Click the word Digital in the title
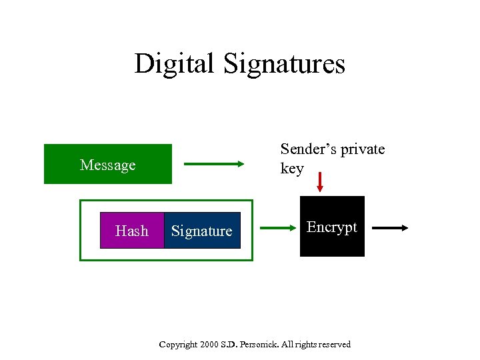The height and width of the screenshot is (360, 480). pyautogui.click(x=175, y=64)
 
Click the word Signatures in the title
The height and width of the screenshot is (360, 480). pyautogui.click(x=285, y=64)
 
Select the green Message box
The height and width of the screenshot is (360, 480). pyautogui.click(x=107, y=164)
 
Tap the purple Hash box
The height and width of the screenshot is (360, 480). pyautogui.click(x=132, y=231)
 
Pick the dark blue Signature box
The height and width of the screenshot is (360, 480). pyautogui.click(x=202, y=231)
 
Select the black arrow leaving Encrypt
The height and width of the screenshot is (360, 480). pyautogui.click(x=390, y=228)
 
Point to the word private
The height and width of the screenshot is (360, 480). pyautogui.click(x=363, y=149)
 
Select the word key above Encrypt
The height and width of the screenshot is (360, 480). pyautogui.click(x=292, y=168)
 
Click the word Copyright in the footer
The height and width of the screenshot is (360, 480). pyautogui.click(x=179, y=345)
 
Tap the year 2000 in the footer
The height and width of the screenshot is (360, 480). pyautogui.click(x=213, y=345)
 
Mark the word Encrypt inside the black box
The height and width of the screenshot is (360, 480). pyautogui.click(x=332, y=227)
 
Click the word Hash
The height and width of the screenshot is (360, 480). pyautogui.click(x=132, y=231)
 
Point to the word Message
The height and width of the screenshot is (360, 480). pyautogui.click(x=107, y=165)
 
